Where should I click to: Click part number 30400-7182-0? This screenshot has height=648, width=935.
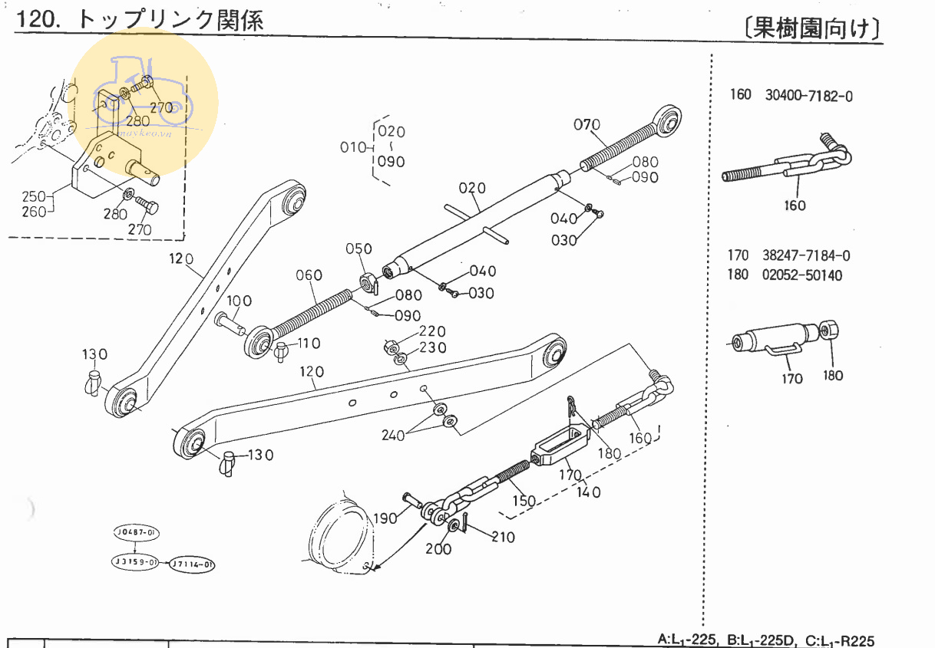point(808,96)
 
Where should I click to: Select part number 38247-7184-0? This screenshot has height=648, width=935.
point(807,256)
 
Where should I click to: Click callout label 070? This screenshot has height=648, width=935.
point(587,125)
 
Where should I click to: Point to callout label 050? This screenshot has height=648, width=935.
point(358,248)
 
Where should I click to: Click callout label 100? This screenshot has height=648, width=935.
point(239,300)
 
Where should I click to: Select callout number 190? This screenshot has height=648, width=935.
point(386,518)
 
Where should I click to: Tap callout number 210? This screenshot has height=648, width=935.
point(503,537)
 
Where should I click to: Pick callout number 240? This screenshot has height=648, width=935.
point(394,436)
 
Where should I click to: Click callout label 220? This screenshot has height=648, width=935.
point(431,331)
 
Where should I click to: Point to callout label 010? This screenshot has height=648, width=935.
point(355,146)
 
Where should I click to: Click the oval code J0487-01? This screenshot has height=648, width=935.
point(135,532)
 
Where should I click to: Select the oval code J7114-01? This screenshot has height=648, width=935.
point(192,564)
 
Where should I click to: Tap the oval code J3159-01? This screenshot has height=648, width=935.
point(135,562)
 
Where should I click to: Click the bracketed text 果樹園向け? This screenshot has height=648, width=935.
point(813,28)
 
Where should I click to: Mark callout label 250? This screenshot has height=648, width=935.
point(35,196)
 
